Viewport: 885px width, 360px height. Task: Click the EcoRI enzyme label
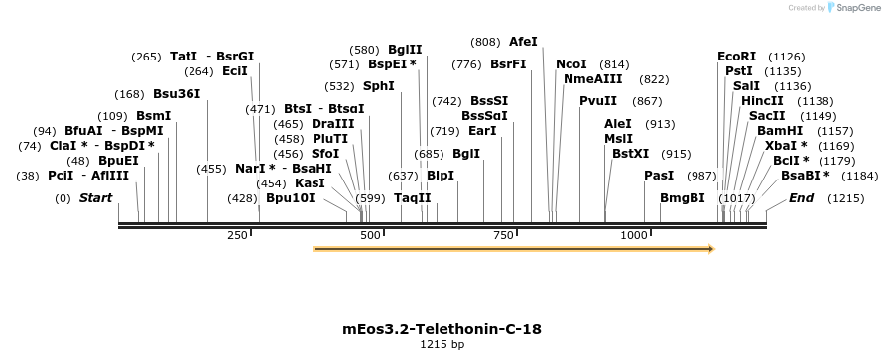pos(736,57)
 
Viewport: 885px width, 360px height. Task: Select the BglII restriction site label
pos(405,49)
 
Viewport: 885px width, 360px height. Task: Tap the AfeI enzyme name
pos(523,42)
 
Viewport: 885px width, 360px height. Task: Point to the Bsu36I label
pos(177,94)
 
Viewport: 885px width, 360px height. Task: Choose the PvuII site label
pos(598,100)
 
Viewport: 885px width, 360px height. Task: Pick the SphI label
pos(379,86)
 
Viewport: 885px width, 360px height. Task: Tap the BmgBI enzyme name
pos(683,198)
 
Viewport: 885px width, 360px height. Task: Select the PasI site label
pos(659,176)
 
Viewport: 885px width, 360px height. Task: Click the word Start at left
pos(95,198)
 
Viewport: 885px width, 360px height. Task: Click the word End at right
pos(801,198)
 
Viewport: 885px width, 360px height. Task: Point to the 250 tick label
pos(237,235)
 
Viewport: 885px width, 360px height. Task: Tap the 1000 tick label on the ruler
pos(634,235)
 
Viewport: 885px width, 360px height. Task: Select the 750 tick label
pos(503,235)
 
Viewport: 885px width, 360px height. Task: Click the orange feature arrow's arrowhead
pos(709,249)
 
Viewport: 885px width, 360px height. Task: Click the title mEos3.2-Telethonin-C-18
pos(442,328)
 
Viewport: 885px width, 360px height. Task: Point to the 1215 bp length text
pos(442,345)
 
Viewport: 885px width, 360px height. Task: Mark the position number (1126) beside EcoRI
pos(787,57)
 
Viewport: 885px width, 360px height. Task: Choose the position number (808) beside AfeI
pos(485,42)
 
